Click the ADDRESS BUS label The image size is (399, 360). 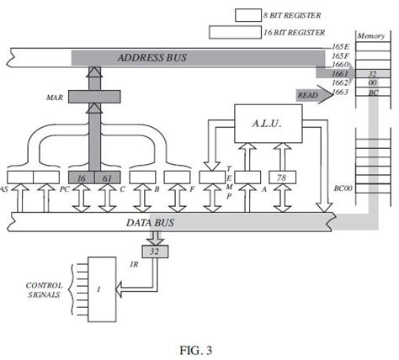(x=153, y=57)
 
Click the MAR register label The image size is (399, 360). (x=56, y=98)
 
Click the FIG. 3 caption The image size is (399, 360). (x=199, y=346)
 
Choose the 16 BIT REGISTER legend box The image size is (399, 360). (x=231, y=32)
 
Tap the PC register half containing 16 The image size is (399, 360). (x=82, y=177)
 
